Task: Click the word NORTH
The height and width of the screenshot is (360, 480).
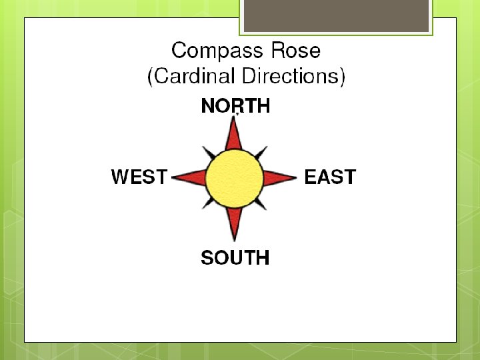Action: point(235,106)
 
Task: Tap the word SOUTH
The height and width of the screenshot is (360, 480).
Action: point(235,258)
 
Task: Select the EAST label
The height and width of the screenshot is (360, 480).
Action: point(330,177)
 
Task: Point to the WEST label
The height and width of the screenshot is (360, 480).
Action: point(139,177)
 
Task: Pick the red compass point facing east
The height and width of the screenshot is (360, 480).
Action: point(279,178)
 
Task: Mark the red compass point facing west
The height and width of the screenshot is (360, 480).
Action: point(191,178)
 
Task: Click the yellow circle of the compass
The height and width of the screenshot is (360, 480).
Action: point(234,178)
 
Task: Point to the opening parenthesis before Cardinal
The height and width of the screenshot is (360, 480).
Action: point(150,77)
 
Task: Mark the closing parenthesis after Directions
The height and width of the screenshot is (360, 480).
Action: point(342,77)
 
